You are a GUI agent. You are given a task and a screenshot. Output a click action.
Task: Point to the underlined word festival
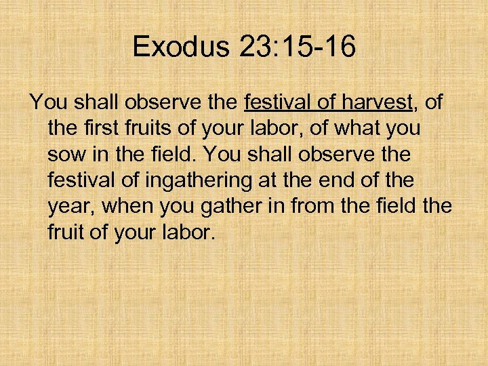click(276, 103)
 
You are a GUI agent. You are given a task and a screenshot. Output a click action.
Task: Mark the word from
click(314, 207)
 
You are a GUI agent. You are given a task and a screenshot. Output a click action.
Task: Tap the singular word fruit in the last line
click(66, 232)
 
